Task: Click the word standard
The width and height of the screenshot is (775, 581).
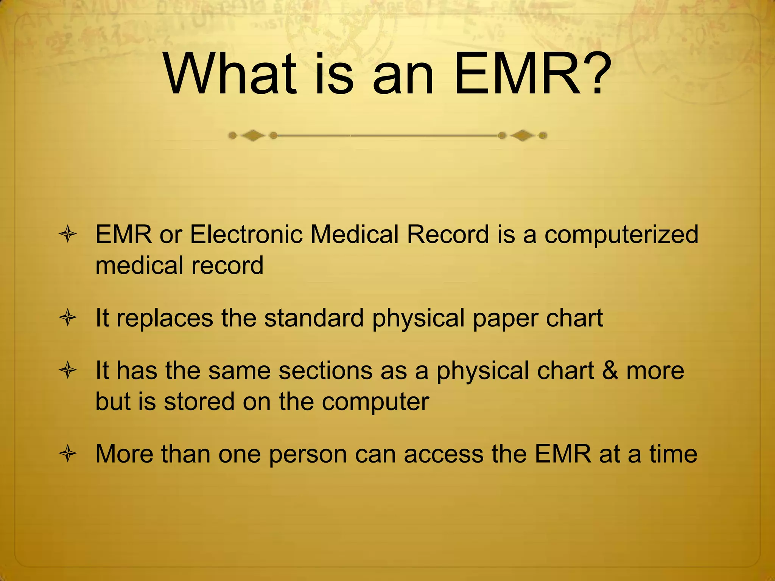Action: click(314, 318)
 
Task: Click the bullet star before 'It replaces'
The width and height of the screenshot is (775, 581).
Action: click(68, 318)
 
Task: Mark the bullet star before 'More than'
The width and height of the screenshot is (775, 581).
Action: click(68, 454)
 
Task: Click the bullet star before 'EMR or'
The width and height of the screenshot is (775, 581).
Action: click(68, 235)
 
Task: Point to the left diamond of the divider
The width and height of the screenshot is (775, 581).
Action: click(253, 135)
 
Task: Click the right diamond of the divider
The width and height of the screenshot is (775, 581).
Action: click(523, 135)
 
